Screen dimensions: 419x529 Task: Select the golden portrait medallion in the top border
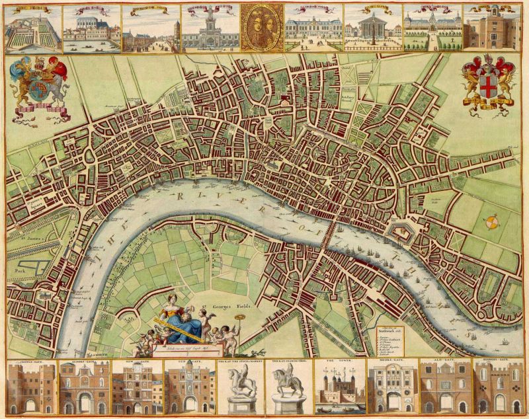click(x=262, y=28)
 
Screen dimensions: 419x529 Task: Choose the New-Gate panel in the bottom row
click(x=135, y=388)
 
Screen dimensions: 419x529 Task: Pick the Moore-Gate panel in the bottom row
click(x=391, y=388)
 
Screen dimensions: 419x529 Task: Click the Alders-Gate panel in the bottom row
click(x=84, y=388)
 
